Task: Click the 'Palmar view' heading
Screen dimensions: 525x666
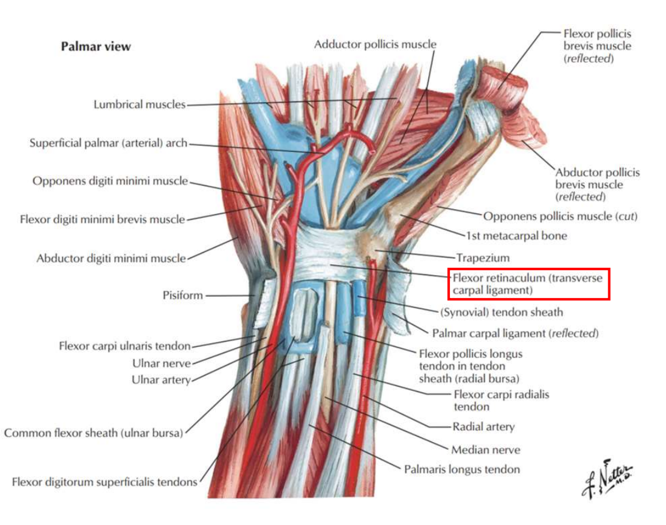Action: pos(95,46)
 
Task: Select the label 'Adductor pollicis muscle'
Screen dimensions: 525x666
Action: pos(375,44)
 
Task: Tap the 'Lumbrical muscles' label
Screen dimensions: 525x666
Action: pos(139,105)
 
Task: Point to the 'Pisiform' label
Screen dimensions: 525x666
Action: pos(183,296)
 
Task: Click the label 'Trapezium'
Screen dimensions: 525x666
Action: pos(482,258)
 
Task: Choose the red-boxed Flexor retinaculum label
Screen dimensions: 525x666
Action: pos(529,284)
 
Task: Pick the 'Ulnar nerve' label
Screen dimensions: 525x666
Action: pos(161,363)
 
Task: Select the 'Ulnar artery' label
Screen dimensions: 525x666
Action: pos(161,380)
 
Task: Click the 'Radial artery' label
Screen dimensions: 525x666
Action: pos(483,427)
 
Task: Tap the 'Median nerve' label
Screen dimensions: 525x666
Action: pos(485,449)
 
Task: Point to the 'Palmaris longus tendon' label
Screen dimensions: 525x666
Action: pos(461,469)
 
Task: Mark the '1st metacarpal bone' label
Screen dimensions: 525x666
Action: pos(516,236)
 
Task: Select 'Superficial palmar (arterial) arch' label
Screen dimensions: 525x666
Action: pos(108,143)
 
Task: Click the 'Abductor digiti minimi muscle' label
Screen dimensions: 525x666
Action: pos(111,258)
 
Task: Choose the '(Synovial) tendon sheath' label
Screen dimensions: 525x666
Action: pos(501,312)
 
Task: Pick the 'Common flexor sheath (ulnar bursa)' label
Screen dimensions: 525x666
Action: pos(93,432)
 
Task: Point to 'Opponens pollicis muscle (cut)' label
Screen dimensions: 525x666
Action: pos(560,216)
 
